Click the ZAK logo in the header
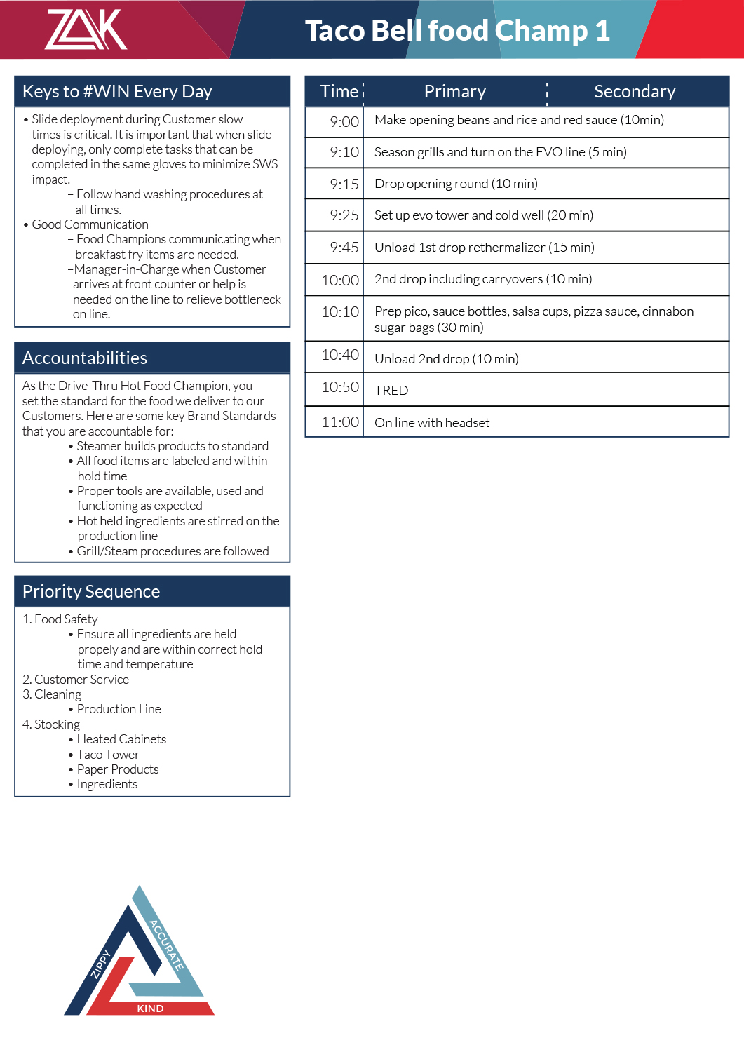tap(86, 29)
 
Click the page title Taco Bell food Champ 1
tap(457, 31)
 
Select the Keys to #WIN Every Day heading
tap(117, 92)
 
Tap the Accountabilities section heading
tap(85, 358)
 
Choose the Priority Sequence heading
tap(91, 592)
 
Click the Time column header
tap(339, 92)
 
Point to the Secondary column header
tap(635, 92)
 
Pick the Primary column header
tap(454, 92)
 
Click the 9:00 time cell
tap(344, 122)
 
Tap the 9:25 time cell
tap(344, 215)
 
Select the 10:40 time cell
tap(340, 355)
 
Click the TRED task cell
tap(391, 391)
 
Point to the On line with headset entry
tap(432, 423)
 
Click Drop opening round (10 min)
tap(456, 184)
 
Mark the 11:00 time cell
tap(340, 422)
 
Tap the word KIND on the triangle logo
tap(150, 1009)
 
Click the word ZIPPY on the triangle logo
tap(101, 964)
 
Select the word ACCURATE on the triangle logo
tap(167, 945)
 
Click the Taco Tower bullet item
tap(108, 755)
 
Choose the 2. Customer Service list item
tap(76, 680)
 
